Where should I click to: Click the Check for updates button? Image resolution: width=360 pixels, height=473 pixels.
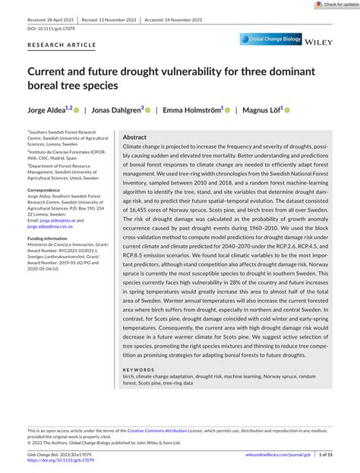click(x=330, y=5)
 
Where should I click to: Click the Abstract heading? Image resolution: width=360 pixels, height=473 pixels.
click(x=134, y=137)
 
